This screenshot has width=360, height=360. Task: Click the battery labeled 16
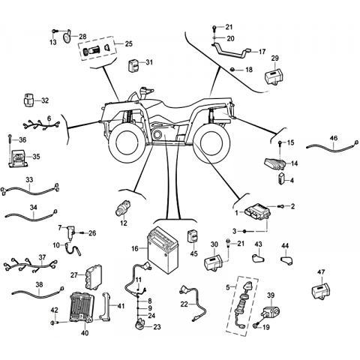[163, 250]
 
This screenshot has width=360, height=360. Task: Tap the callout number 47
[321, 272]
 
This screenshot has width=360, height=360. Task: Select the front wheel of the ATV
[126, 142]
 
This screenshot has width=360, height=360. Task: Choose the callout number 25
[129, 44]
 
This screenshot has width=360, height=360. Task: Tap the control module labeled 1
[256, 212]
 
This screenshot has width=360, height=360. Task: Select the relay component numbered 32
[28, 100]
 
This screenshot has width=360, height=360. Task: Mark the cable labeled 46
[332, 146]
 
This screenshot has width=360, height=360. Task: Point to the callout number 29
[274, 58]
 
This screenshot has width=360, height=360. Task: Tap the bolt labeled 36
[9, 139]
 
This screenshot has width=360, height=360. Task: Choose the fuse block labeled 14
[275, 163]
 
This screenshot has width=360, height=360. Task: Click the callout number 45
[193, 253]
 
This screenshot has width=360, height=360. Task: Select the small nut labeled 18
[232, 70]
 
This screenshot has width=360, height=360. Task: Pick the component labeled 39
[271, 311]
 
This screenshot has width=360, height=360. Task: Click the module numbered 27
[93, 277]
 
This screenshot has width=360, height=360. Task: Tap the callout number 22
[184, 304]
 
